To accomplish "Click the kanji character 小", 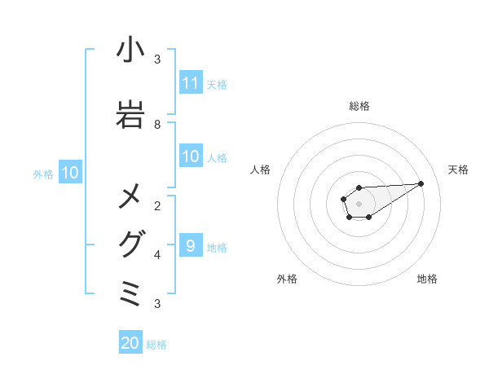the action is pyautogui.click(x=130, y=51).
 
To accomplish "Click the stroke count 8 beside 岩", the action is pyautogui.click(x=157, y=125).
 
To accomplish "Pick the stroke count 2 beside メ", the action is pyautogui.click(x=157, y=205).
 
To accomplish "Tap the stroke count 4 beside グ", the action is pyautogui.click(x=157, y=254).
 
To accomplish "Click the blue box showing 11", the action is pyautogui.click(x=191, y=83).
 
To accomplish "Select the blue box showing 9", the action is pyautogui.click(x=191, y=245).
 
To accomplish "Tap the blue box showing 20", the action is pyautogui.click(x=130, y=343).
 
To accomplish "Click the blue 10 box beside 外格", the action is pyautogui.click(x=70, y=173).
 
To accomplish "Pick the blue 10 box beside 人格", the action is pyautogui.click(x=191, y=156).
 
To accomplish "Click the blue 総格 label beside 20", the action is pyautogui.click(x=156, y=345).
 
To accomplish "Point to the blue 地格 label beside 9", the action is pyautogui.click(x=217, y=247).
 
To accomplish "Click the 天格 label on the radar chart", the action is pyautogui.click(x=459, y=169).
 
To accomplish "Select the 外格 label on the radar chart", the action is pyautogui.click(x=287, y=279).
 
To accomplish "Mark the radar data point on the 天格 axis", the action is pyautogui.click(x=421, y=183).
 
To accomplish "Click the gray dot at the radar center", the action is pyautogui.click(x=359, y=202).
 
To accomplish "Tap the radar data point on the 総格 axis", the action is pyautogui.click(x=359, y=187).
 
